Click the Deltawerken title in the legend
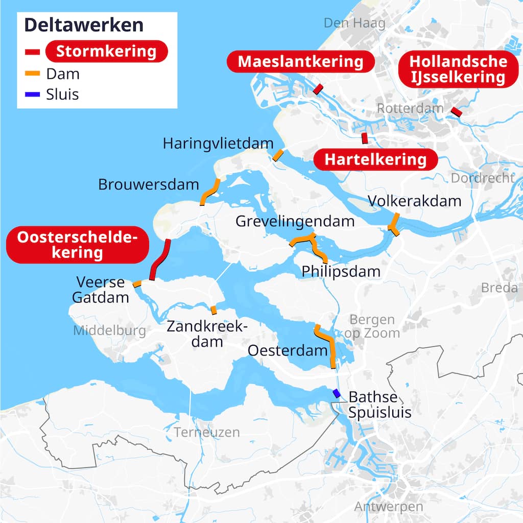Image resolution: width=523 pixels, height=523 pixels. pyautogui.click(x=84, y=25)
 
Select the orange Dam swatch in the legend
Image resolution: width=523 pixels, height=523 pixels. pyautogui.click(x=33, y=74)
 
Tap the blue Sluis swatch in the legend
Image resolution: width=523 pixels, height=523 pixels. pyautogui.click(x=33, y=94)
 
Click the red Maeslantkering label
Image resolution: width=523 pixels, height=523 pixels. pyautogui.click(x=300, y=62)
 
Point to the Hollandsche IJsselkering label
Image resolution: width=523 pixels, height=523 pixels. pyautogui.click(x=458, y=69)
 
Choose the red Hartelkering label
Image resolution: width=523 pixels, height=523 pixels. pyautogui.click(x=375, y=159)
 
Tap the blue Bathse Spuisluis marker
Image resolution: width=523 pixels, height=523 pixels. pyautogui.click(x=336, y=393)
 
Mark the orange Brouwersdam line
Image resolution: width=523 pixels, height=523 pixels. pyautogui.click(x=209, y=192)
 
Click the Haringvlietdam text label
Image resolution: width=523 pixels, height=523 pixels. pyautogui.click(x=218, y=144)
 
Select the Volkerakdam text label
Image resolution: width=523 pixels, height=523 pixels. pyautogui.click(x=414, y=201)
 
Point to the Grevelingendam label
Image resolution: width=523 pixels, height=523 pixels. pyautogui.click(x=295, y=222)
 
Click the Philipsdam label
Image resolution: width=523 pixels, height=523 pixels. pyautogui.click(x=341, y=271)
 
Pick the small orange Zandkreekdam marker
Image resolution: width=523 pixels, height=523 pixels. pyautogui.click(x=213, y=310)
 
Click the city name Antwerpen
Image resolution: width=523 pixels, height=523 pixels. pyautogui.click(x=389, y=507)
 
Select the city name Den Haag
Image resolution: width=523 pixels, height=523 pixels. pyautogui.click(x=347, y=23)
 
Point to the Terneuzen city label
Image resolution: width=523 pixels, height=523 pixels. pyautogui.click(x=206, y=432)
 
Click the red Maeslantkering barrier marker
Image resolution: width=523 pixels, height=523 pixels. pyautogui.click(x=318, y=89)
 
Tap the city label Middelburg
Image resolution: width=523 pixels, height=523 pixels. pyautogui.click(x=109, y=331)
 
